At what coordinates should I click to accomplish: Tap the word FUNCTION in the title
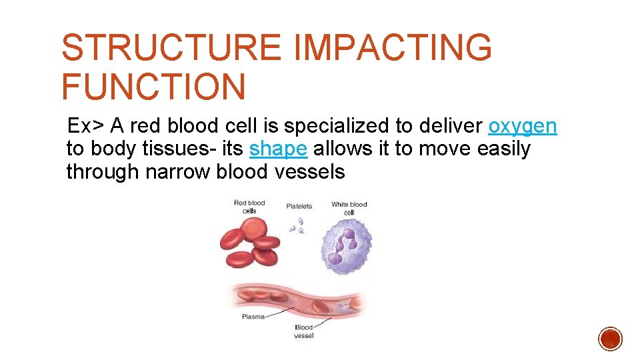click(x=153, y=87)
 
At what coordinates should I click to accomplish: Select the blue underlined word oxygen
click(x=523, y=127)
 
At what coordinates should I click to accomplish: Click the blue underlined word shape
click(x=278, y=149)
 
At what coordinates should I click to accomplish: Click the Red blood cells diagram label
click(x=249, y=207)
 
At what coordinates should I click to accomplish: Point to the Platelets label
click(x=299, y=206)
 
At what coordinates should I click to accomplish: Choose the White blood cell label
click(x=349, y=207)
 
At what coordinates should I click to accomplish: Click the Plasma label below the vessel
click(x=253, y=317)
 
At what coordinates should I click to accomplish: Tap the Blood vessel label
click(x=303, y=331)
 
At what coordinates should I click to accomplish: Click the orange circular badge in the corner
click(x=610, y=339)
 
